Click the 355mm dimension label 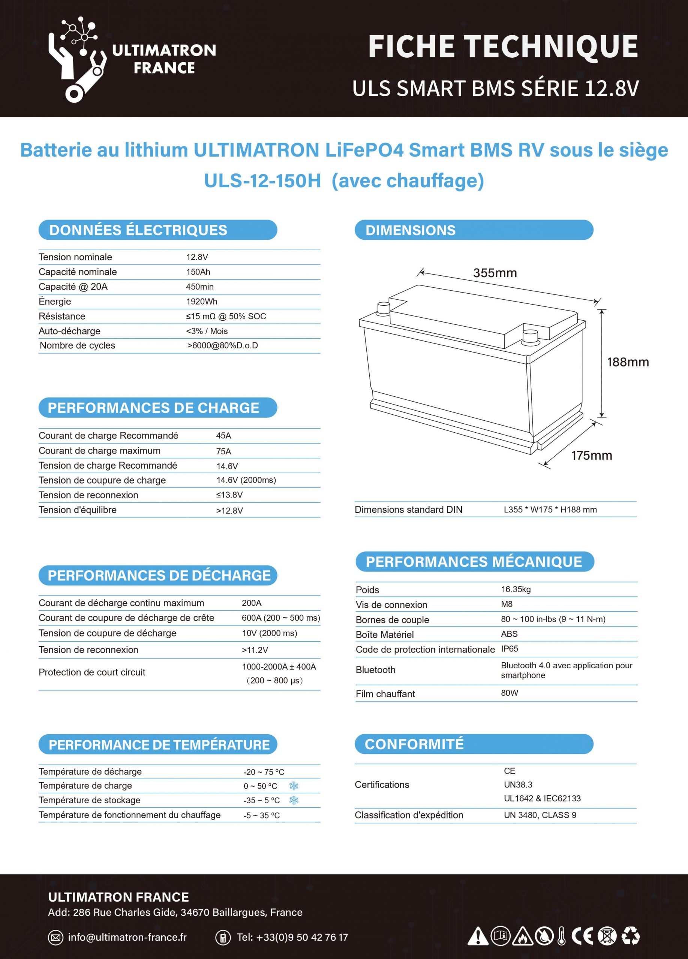495,273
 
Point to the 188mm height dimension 628,362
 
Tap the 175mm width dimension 591,456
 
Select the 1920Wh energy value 201,302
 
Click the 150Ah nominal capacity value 198,272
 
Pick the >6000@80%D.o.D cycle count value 223,345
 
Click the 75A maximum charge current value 223,451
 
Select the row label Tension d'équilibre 78,510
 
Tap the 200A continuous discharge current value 251,603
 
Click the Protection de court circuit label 92,672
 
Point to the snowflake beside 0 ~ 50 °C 294,786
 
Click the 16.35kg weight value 516,589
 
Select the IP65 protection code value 510,648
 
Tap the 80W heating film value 510,693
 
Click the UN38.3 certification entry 518,785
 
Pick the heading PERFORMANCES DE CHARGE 153,408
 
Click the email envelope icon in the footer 55,937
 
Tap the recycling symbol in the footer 631,936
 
